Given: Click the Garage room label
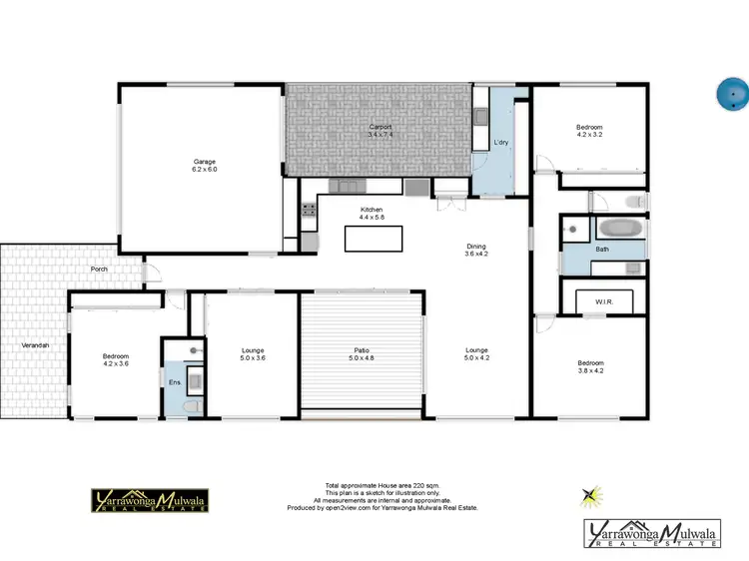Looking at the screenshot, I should tap(205, 166).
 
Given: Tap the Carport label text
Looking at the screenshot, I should tap(379, 130).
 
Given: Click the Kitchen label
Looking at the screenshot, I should tap(372, 212).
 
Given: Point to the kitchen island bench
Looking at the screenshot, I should tap(373, 239).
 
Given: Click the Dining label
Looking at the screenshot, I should tap(476, 250).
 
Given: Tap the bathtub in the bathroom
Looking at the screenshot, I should tap(620, 228).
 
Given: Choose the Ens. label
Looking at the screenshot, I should tap(174, 382).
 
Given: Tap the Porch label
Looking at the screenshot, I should tap(99, 270).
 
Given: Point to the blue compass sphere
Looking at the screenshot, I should tap(732, 94).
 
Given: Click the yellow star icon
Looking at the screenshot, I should tap(592, 493).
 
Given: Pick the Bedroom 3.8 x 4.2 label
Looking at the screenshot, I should tap(589, 366).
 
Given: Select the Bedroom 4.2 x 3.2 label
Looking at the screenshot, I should tap(589, 130).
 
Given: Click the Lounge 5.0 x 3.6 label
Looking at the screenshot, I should tap(253, 353).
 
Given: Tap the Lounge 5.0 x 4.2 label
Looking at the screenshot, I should tap(476, 353).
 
